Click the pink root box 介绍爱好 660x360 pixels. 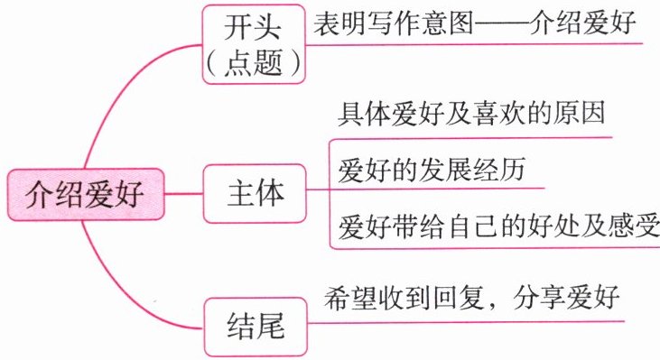click(86, 194)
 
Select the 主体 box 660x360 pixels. click(255, 193)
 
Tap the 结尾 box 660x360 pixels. click(256, 327)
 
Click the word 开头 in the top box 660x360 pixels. click(253, 27)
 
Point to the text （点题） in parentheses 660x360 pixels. click(254, 63)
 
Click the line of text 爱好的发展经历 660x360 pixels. click(432, 170)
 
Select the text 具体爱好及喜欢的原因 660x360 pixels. click(471, 113)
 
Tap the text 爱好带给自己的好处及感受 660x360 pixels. click(498, 226)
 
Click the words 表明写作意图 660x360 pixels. click(394, 23)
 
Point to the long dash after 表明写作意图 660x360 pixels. click(501, 23)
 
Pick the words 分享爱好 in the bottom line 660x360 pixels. click(566, 298)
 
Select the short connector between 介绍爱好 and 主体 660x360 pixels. click(183, 194)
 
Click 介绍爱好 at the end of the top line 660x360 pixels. click(582, 23)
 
